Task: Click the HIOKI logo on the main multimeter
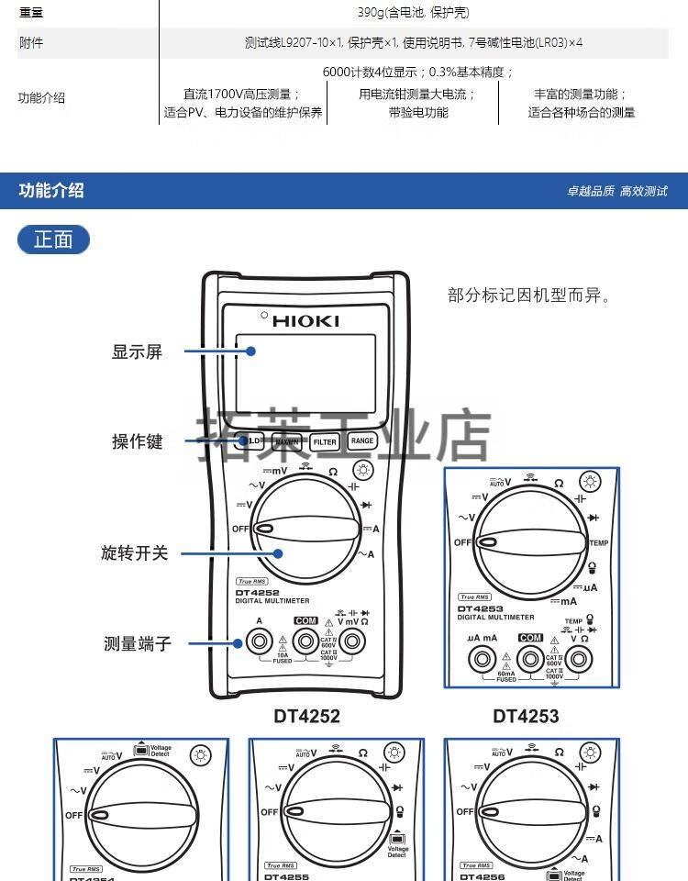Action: tap(306, 320)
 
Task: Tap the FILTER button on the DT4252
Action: tap(325, 441)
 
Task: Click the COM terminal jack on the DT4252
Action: tap(305, 641)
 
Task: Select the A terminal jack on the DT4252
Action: tap(260, 641)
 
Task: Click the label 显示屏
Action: tap(137, 351)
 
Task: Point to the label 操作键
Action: tap(137, 441)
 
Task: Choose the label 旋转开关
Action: tap(135, 553)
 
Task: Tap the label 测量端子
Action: tap(137, 643)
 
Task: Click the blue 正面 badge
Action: tap(53, 240)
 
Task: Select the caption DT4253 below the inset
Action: tap(526, 716)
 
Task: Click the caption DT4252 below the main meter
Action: tap(306, 716)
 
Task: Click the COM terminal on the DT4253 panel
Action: tap(529, 657)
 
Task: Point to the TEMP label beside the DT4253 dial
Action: tap(599, 543)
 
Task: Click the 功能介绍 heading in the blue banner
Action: tap(51, 191)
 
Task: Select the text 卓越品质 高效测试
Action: tap(616, 191)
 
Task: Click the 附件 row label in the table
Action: tap(31, 42)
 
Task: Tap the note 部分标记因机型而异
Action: tap(529, 296)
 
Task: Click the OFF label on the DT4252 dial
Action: tap(240, 530)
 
